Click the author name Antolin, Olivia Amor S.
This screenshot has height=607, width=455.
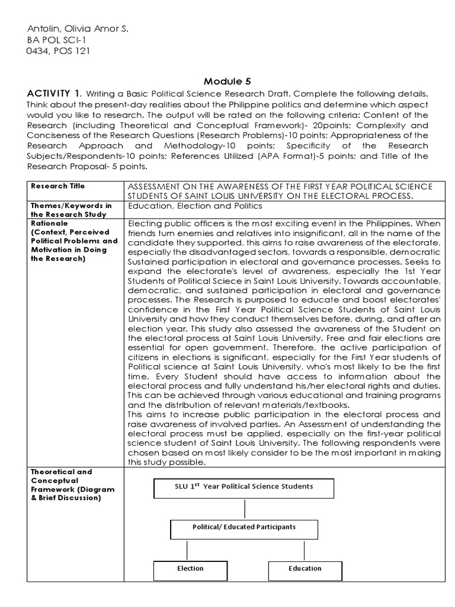coord(78,29)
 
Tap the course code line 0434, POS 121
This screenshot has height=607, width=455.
coord(59,50)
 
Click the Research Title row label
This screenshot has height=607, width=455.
coord(58,186)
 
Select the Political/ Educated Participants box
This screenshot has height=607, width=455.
coord(243,527)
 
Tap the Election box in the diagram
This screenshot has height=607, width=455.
coord(190,568)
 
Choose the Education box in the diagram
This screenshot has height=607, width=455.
coord(305,568)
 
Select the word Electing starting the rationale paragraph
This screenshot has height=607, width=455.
coord(144,223)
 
